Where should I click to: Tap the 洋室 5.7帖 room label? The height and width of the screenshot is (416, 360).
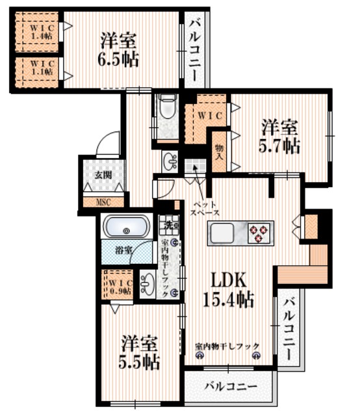(281, 135)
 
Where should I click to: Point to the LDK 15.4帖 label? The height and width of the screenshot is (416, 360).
(227, 289)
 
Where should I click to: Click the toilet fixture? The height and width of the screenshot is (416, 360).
(168, 108)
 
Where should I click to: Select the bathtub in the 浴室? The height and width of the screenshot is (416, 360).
(126, 227)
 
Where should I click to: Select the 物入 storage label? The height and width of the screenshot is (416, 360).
(220, 152)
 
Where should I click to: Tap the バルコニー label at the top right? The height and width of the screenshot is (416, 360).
(194, 49)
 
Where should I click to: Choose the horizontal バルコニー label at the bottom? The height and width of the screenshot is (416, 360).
(230, 387)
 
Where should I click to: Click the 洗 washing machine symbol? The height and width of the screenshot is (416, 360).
(168, 226)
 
